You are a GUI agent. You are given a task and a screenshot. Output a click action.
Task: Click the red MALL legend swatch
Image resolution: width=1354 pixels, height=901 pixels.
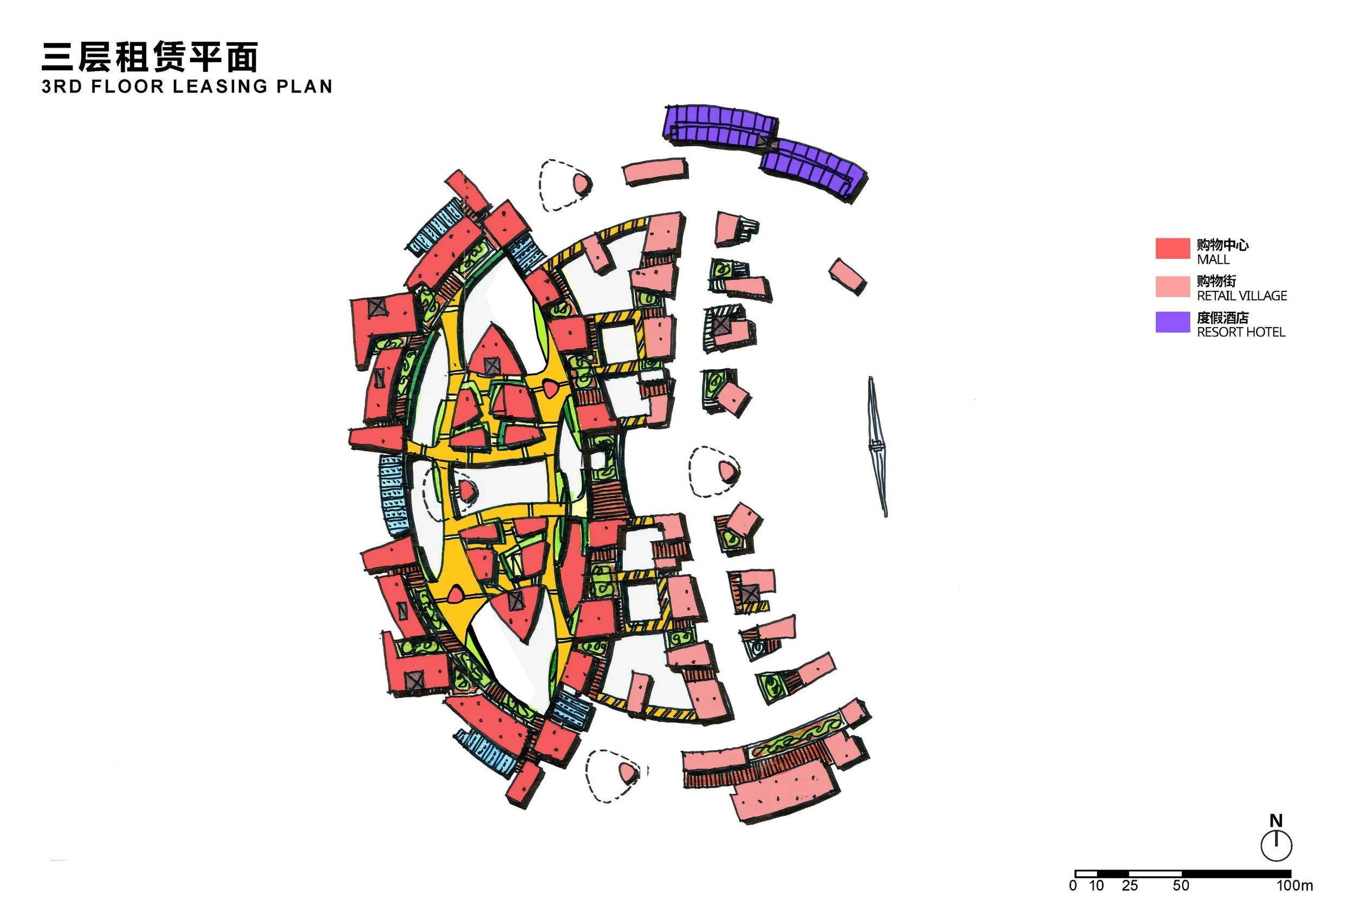click(1173, 248)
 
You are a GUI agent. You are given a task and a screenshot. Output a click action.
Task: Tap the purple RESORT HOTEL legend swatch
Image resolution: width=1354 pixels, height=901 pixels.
click(1173, 322)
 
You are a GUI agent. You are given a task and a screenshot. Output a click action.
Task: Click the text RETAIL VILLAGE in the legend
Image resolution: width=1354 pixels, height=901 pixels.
click(1241, 295)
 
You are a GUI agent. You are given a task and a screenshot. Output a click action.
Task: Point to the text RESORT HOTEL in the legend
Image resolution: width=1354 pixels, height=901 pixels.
click(1241, 332)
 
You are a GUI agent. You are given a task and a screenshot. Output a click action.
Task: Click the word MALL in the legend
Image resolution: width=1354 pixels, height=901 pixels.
click(1213, 259)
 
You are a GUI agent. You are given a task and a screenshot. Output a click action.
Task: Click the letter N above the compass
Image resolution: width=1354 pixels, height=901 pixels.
click(1276, 820)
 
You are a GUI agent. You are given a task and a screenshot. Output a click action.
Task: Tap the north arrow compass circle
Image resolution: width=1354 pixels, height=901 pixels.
click(1277, 845)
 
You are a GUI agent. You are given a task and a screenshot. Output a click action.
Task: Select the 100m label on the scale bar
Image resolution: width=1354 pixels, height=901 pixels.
click(1294, 885)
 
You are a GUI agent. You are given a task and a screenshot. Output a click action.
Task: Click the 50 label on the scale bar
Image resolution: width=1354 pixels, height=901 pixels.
click(1181, 885)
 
